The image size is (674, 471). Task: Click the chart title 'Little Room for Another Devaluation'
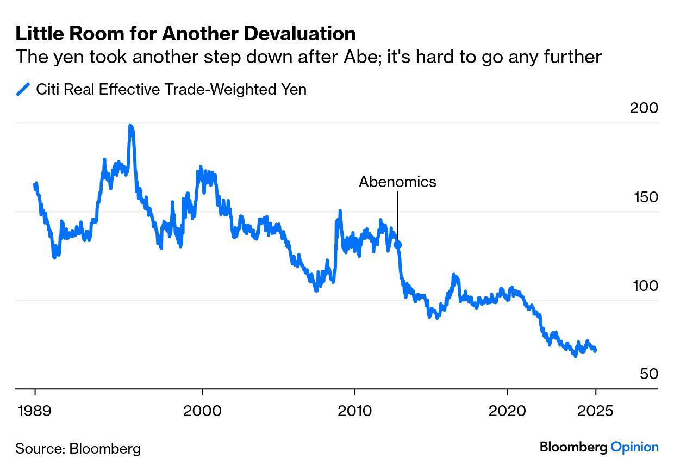coord(185,34)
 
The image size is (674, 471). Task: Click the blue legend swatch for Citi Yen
coord(23,89)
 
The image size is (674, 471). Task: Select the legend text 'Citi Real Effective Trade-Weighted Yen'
coord(171,89)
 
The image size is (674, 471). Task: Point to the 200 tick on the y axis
coord(644,108)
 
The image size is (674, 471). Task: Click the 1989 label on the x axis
coord(35,410)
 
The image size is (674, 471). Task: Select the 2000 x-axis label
coord(202,410)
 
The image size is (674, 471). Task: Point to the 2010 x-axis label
coord(354,410)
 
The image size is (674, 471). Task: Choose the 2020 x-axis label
coord(507,410)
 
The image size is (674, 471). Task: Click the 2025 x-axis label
coord(595,410)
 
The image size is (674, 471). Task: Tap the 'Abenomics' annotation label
coord(397,182)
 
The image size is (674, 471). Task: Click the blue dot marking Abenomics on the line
coord(397,245)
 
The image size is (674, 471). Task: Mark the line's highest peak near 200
coord(130,126)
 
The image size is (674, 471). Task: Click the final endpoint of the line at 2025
coord(595,349)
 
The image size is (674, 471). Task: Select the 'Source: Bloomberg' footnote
coord(78,449)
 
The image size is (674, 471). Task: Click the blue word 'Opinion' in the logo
coord(634,447)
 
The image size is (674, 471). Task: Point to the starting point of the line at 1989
coord(35,185)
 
